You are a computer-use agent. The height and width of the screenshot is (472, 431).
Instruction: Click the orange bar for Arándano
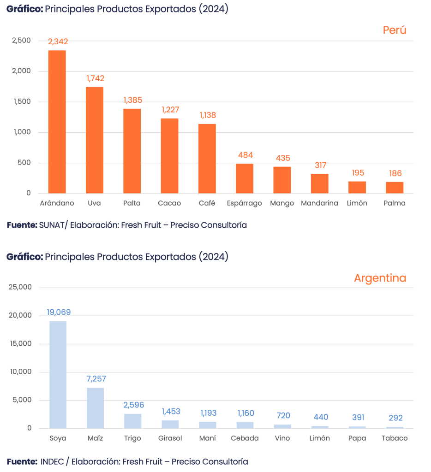click(x=57, y=122)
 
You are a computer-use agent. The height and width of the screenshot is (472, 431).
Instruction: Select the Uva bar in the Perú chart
click(x=95, y=140)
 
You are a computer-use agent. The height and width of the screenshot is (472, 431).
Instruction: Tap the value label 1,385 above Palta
click(x=132, y=100)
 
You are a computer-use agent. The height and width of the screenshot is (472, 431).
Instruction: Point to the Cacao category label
click(x=169, y=203)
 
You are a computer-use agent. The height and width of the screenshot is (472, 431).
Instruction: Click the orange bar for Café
click(x=207, y=159)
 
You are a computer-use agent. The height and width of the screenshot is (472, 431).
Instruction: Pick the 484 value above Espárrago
click(x=245, y=155)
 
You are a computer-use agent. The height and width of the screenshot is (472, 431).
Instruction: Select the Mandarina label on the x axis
click(x=319, y=203)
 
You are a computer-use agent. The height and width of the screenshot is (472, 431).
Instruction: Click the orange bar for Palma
click(x=395, y=188)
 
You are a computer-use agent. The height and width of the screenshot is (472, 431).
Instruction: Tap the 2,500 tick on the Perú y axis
click(x=22, y=41)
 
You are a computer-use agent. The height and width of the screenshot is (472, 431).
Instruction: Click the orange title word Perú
click(x=395, y=30)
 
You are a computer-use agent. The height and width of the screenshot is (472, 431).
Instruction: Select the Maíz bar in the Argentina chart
click(x=96, y=408)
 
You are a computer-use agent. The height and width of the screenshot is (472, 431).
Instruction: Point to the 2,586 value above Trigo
click(x=133, y=405)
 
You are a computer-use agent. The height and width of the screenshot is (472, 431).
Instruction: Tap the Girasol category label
click(x=170, y=438)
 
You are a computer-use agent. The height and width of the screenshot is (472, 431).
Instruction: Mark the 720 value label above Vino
click(x=283, y=416)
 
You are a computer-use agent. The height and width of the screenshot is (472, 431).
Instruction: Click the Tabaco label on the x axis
click(x=395, y=438)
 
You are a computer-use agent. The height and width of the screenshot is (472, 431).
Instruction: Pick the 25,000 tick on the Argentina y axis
click(x=20, y=287)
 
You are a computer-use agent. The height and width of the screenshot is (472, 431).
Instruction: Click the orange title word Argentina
click(x=380, y=278)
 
